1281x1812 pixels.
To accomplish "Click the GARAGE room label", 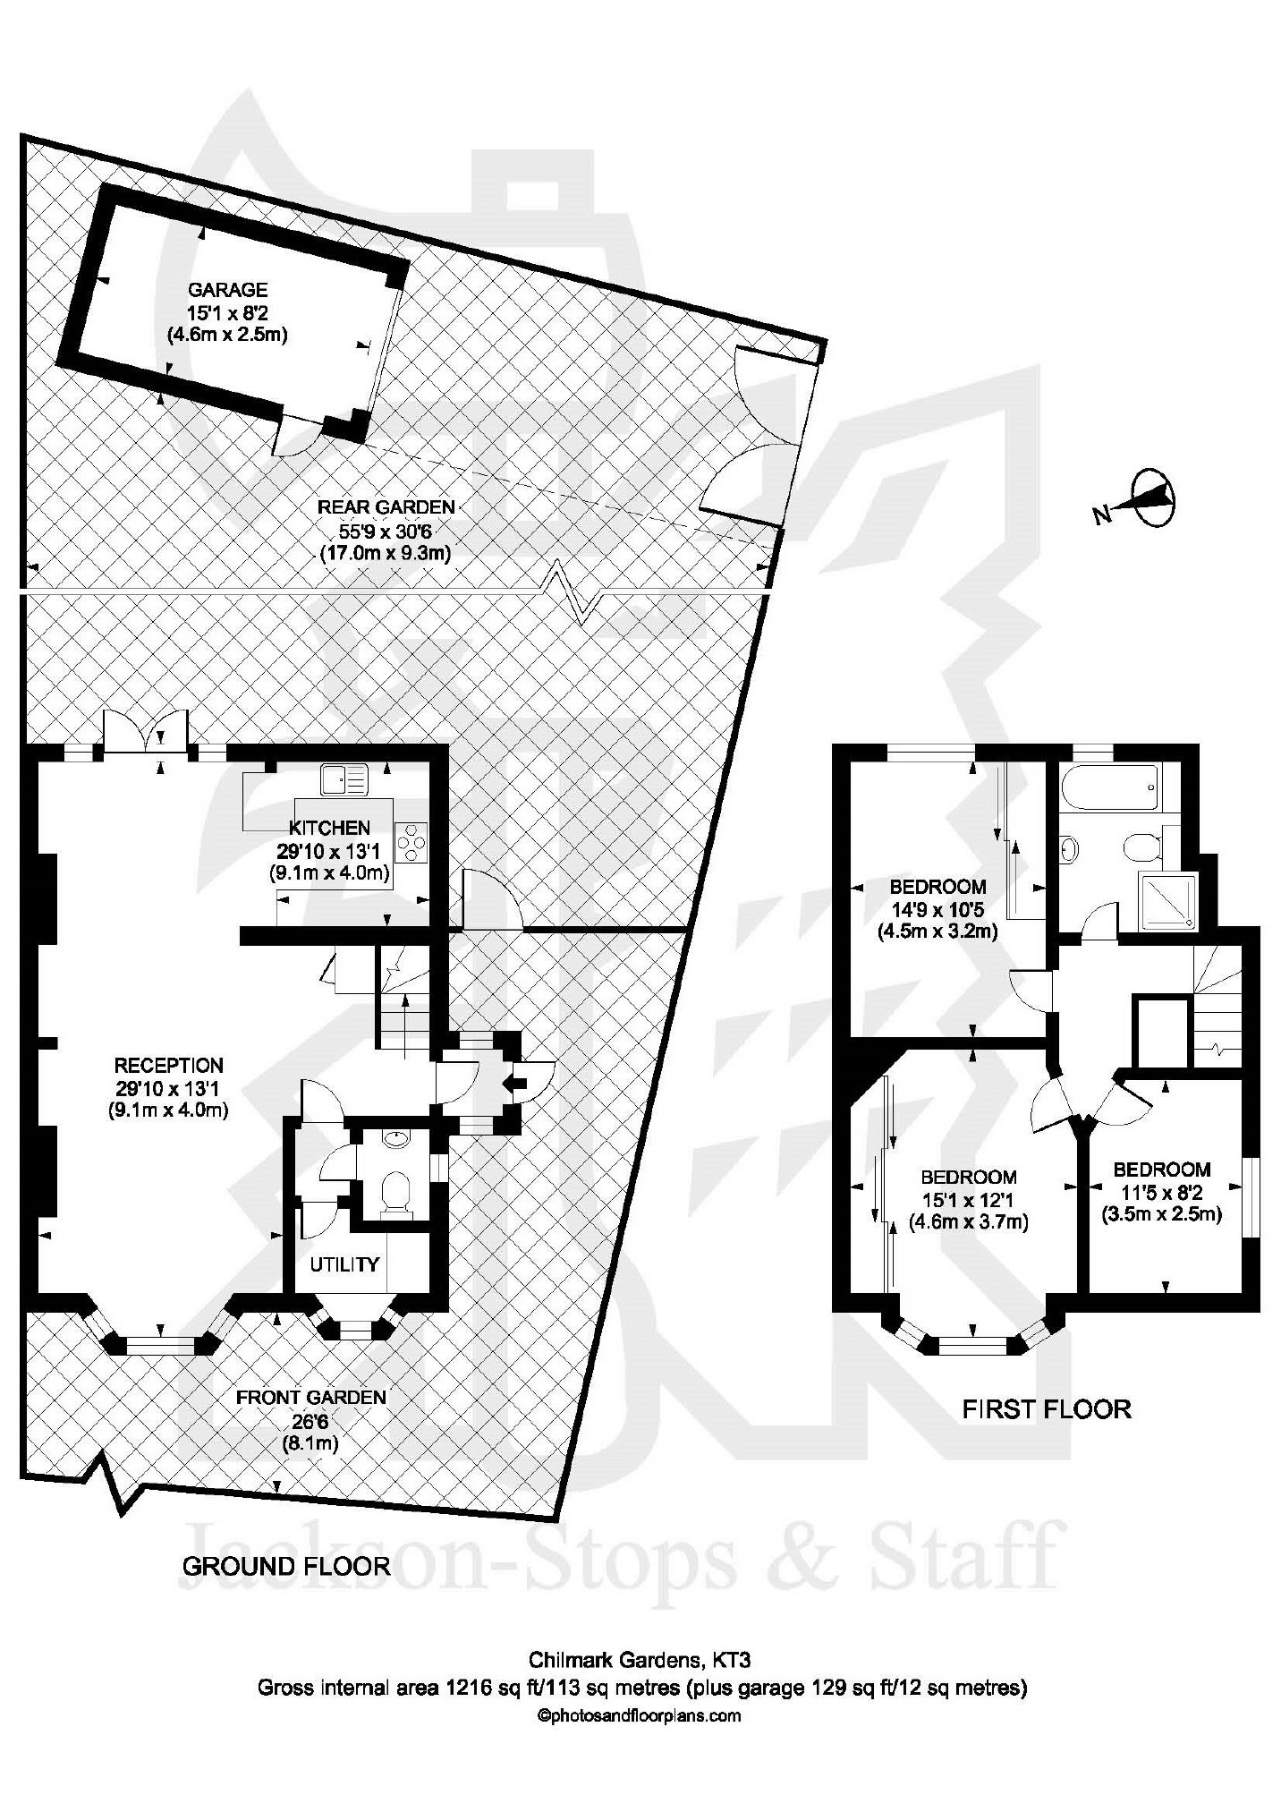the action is [227, 290].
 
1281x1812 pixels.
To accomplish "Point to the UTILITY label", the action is [344, 1264].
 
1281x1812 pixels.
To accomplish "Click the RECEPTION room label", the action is [169, 1066].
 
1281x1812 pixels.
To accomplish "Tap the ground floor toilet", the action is [394, 1195].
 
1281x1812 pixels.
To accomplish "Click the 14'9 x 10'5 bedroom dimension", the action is [937, 909].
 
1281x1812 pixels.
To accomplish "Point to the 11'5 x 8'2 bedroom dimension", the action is [1161, 1192].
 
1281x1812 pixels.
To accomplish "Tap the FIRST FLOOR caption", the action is [1047, 1409].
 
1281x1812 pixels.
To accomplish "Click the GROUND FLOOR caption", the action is [286, 1566].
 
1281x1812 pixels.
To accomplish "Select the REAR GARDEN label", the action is [386, 507].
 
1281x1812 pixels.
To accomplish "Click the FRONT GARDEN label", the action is [310, 1398].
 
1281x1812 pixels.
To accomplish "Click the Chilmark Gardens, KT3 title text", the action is [640, 1661].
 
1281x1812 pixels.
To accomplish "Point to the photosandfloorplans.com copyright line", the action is [639, 1716].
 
